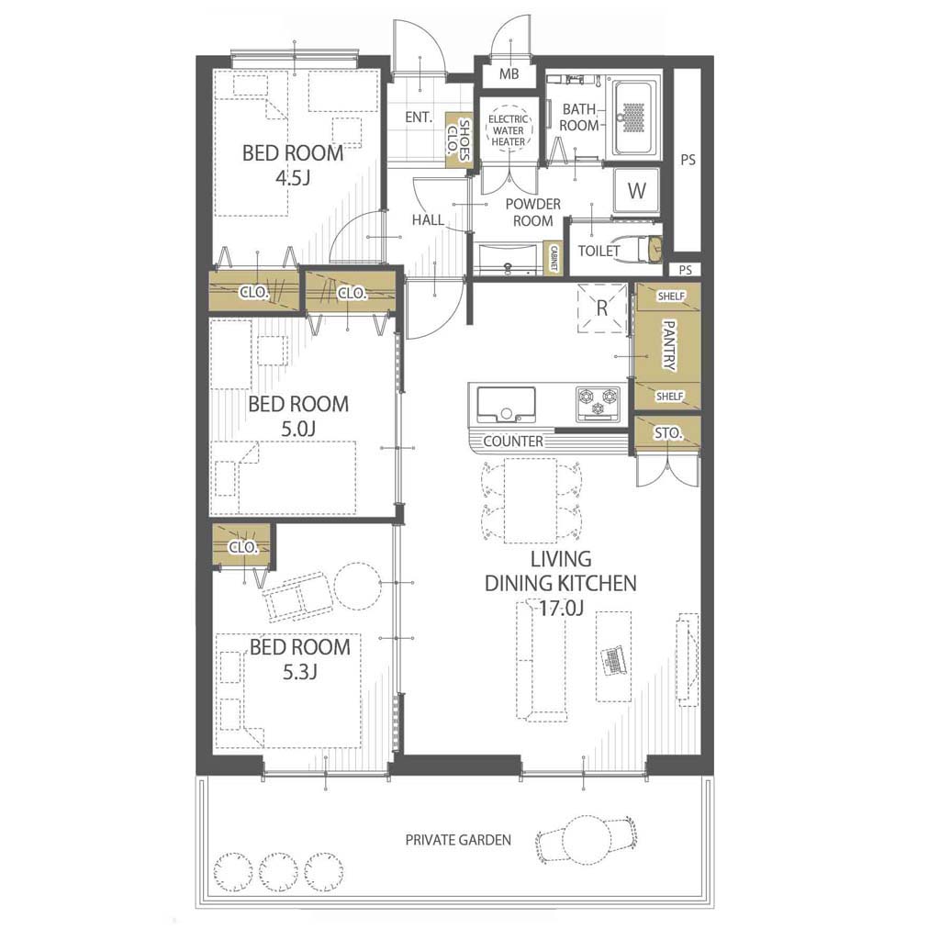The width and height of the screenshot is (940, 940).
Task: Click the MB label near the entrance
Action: [x=509, y=74]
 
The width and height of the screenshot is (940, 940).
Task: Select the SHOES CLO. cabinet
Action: [x=459, y=140]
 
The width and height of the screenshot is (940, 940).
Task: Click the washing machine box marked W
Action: [x=637, y=191]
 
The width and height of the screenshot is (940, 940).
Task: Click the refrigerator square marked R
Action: [x=602, y=308]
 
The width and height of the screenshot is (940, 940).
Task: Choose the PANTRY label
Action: [x=669, y=346]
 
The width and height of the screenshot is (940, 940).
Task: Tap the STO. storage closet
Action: [x=667, y=432]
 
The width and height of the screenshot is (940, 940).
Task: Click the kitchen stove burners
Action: [x=598, y=402]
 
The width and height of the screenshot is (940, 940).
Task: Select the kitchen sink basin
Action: [x=506, y=405]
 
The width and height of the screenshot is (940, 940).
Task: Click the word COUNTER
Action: [x=513, y=442]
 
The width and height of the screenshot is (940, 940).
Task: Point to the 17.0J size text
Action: [x=561, y=609]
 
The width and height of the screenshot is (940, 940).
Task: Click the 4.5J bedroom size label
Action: [x=293, y=177]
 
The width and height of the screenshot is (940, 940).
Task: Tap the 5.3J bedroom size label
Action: [x=300, y=672]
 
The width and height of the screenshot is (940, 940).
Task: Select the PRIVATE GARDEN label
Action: [x=458, y=840]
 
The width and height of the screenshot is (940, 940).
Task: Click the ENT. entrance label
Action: [x=418, y=117]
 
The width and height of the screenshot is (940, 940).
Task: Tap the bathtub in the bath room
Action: [x=633, y=117]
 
